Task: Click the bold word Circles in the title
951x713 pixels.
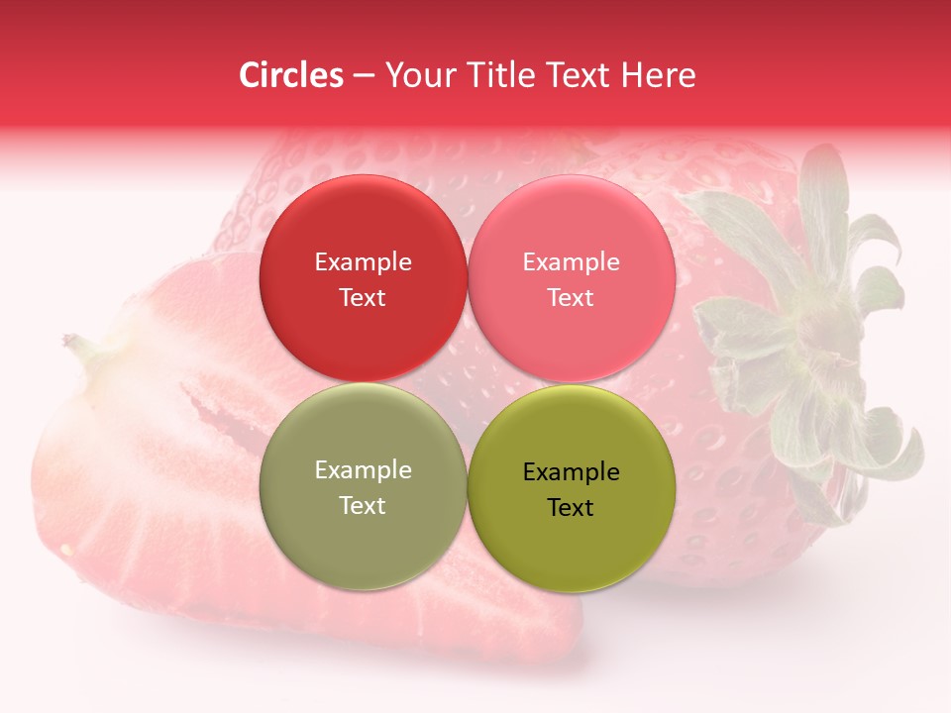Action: (x=291, y=75)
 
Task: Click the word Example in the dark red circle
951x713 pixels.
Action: (x=363, y=262)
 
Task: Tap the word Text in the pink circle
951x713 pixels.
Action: (x=571, y=298)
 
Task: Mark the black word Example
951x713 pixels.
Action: (x=571, y=472)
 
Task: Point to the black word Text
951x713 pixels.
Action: (x=571, y=508)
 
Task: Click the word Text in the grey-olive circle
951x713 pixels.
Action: (x=363, y=506)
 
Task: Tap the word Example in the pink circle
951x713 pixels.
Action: (x=571, y=262)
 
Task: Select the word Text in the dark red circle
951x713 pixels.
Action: (x=363, y=298)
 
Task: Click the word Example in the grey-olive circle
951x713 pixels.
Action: (x=363, y=470)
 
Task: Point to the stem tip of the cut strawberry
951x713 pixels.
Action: (x=72, y=343)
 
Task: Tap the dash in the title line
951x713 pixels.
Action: (x=364, y=76)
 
